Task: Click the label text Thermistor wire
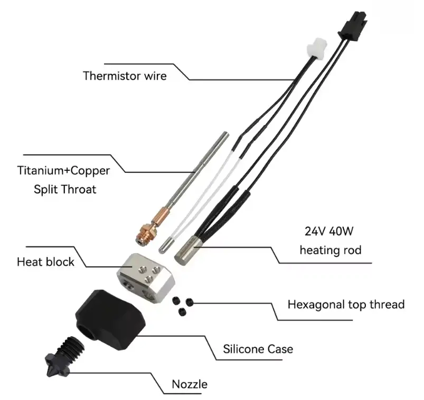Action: point(125,76)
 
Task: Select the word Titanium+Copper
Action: point(63,171)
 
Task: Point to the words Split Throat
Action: point(65,189)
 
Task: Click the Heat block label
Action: point(45,262)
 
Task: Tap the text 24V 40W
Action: point(329,231)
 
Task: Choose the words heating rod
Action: point(331,250)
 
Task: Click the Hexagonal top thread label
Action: point(346,305)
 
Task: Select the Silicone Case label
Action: point(258,349)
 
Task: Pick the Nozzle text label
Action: point(190,384)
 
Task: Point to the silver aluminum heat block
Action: point(146,278)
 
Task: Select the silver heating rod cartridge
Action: point(187,249)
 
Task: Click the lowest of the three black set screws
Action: point(182,313)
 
